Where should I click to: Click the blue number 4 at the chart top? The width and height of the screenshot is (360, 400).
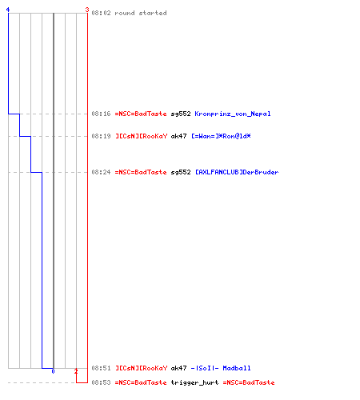(x=8, y=10)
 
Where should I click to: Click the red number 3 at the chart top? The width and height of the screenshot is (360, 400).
(x=87, y=10)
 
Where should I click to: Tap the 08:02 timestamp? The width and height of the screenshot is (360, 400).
(x=101, y=13)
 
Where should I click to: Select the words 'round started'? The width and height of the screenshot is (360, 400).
(x=141, y=13)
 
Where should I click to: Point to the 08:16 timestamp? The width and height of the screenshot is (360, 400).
(x=101, y=114)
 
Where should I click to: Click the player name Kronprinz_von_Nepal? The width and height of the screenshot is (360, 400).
(x=233, y=114)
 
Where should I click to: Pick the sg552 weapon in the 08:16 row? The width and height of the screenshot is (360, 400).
(x=181, y=114)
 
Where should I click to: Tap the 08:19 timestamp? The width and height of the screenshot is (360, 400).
(x=101, y=136)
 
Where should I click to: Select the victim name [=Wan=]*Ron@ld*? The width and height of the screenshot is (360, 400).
(x=221, y=136)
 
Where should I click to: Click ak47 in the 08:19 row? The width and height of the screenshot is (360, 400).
(x=178, y=136)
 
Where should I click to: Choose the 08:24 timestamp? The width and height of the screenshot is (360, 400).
(x=101, y=172)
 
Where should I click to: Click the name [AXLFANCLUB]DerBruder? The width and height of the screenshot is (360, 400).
(x=237, y=172)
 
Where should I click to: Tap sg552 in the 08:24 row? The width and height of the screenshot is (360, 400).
(x=181, y=172)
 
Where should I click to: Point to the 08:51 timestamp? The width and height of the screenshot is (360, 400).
(x=101, y=368)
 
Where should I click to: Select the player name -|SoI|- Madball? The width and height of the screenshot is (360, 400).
(x=221, y=368)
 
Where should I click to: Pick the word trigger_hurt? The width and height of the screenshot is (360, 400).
(x=194, y=382)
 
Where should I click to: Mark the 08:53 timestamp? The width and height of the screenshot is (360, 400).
(x=101, y=382)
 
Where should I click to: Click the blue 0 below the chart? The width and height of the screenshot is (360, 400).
(x=53, y=371)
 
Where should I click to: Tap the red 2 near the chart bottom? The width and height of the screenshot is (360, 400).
(x=76, y=371)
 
